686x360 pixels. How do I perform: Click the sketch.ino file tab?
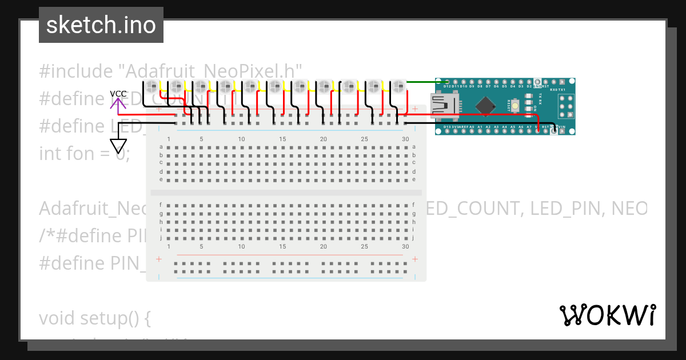[101, 25]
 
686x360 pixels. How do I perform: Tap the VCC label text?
[118, 94]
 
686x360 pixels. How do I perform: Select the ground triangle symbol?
[118, 147]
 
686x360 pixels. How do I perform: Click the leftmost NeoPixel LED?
[151, 86]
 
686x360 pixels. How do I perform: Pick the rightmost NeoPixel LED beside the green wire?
[398, 86]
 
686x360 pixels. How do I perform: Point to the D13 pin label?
[447, 126]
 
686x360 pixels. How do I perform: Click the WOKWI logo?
[607, 315]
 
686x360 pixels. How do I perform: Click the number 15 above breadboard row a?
[282, 139]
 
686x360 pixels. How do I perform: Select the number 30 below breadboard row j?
[405, 246]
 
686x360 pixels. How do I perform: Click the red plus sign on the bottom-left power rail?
[159, 259]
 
